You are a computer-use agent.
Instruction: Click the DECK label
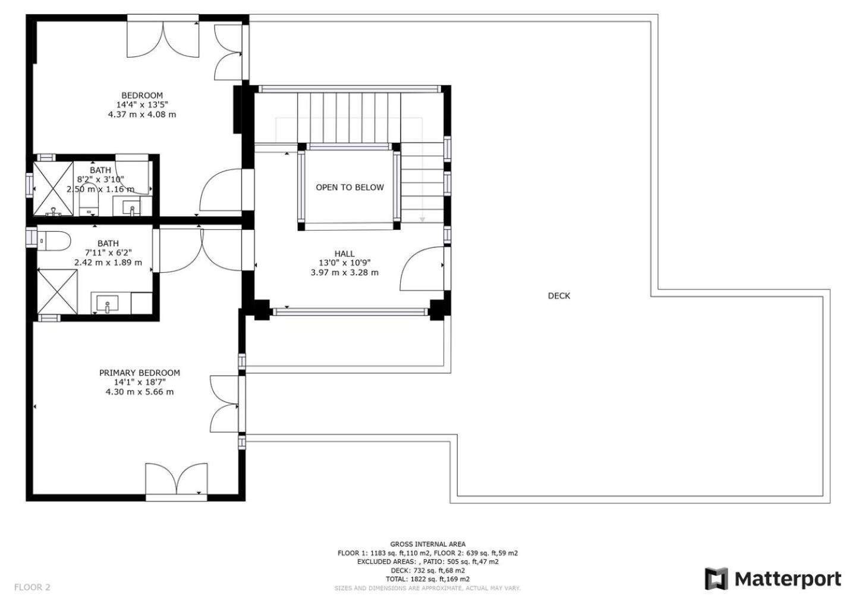pos(559,295)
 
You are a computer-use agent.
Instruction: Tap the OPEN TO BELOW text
pos(350,187)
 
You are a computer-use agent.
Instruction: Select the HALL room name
pos(344,254)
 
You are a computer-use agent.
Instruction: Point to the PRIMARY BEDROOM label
pos(140,373)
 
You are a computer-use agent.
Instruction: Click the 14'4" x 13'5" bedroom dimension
pos(142,105)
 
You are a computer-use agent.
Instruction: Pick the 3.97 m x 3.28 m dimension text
pos(345,272)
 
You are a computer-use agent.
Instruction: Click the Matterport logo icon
pos(716,579)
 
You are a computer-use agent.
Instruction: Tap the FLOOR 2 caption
pos(32,587)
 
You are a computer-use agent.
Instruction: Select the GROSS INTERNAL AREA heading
pos(427,544)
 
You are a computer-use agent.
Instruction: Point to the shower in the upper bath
pos(53,188)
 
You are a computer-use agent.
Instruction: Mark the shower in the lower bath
pos(57,292)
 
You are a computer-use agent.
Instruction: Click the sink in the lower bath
pos(108,303)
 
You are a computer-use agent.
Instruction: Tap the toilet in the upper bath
pos(89,203)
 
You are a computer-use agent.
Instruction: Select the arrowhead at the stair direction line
pos(422,220)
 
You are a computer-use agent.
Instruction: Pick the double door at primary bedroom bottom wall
pos(177,479)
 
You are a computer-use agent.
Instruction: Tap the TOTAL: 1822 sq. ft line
pos(427,579)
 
